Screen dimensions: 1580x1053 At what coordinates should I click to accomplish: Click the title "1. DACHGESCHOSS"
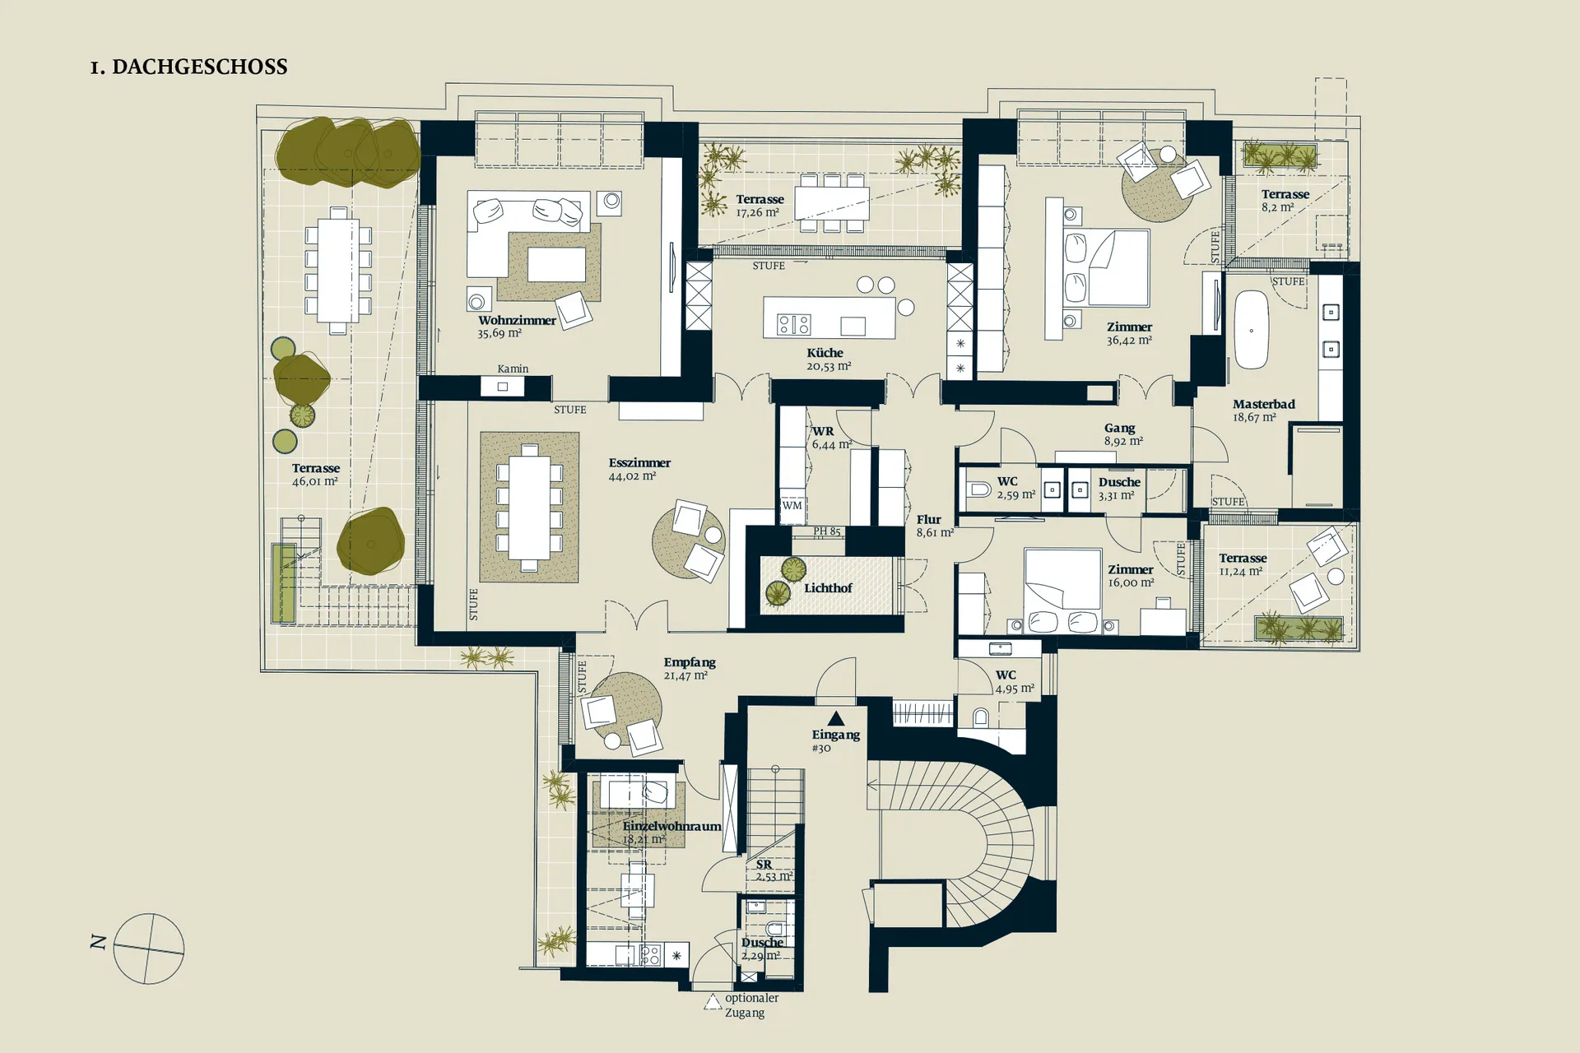click(188, 67)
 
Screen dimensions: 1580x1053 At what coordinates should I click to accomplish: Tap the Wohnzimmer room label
click(517, 320)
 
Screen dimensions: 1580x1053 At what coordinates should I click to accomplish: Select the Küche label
click(825, 352)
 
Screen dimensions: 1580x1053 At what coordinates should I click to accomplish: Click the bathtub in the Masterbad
click(1251, 329)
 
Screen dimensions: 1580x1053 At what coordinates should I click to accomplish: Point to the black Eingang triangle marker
click(836, 718)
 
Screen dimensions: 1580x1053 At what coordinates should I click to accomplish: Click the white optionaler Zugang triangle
click(713, 1001)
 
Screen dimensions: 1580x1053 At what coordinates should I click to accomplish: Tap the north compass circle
click(149, 949)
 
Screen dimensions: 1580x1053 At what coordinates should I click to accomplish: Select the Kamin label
click(513, 369)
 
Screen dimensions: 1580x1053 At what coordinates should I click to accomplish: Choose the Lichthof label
click(828, 587)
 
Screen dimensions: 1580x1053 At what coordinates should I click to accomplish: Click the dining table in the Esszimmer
click(529, 508)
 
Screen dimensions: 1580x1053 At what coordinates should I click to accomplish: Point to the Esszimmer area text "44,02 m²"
click(632, 475)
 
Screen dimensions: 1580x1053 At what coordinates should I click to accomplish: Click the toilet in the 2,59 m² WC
click(978, 489)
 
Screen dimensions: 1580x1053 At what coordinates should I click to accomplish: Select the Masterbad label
click(1263, 404)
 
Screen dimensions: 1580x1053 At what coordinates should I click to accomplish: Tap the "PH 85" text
click(827, 531)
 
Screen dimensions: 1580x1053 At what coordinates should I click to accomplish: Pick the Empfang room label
click(690, 662)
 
